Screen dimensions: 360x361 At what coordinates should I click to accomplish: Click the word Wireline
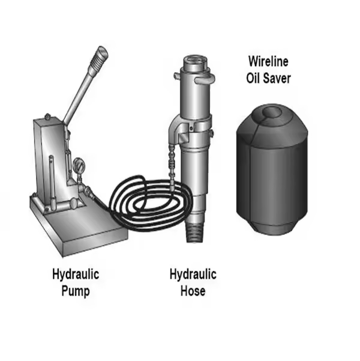(268, 61)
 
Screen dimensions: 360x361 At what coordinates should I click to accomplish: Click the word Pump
(76, 291)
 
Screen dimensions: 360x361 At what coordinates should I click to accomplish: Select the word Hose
(193, 291)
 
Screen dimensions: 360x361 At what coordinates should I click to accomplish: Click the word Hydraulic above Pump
(76, 274)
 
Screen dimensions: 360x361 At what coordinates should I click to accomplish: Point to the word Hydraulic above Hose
(193, 274)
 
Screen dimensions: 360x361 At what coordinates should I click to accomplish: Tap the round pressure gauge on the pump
(79, 165)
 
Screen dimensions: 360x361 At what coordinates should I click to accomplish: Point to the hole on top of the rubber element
(272, 112)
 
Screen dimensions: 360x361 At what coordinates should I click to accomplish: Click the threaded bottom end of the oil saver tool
(195, 233)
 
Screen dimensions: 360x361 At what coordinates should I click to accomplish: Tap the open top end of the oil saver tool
(195, 60)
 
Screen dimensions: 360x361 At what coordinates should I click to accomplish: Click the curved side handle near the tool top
(205, 79)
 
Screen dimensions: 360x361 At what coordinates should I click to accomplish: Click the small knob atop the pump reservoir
(47, 117)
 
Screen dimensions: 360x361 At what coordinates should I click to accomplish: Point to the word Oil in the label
(253, 78)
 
